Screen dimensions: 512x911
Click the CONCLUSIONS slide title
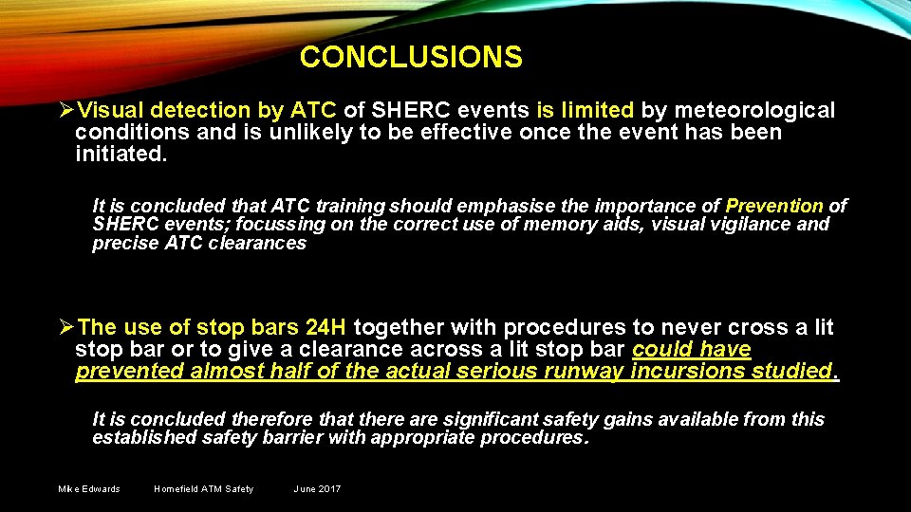pyautogui.click(x=411, y=58)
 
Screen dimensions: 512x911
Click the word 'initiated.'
pyautogui.click(x=121, y=153)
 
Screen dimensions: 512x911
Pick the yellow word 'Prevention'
pyautogui.click(x=774, y=206)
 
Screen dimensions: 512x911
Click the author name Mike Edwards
pyautogui.click(x=89, y=489)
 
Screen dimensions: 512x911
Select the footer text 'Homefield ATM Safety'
pyautogui.click(x=203, y=489)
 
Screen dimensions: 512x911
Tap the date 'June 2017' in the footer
pyautogui.click(x=317, y=489)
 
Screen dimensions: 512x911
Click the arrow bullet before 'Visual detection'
pyautogui.click(x=65, y=112)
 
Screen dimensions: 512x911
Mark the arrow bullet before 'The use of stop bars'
pyautogui.click(x=65, y=329)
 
